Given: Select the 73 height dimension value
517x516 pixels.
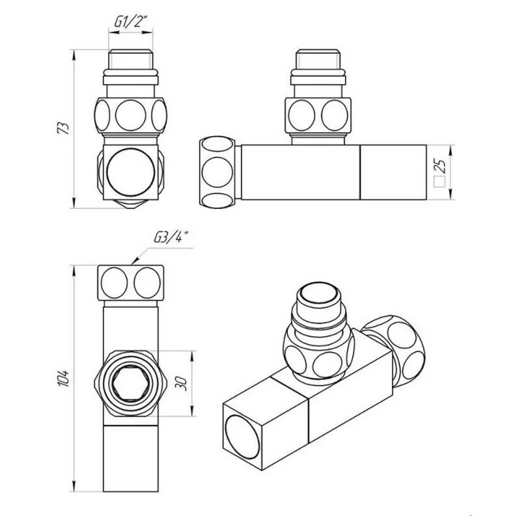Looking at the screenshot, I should tap(63, 128).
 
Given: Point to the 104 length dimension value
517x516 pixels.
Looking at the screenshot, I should tap(63, 378).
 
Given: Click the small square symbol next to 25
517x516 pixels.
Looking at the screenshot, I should tap(440, 183).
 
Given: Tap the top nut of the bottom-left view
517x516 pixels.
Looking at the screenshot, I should tap(132, 281).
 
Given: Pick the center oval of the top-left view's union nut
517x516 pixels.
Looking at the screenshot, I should tap(132, 116).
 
